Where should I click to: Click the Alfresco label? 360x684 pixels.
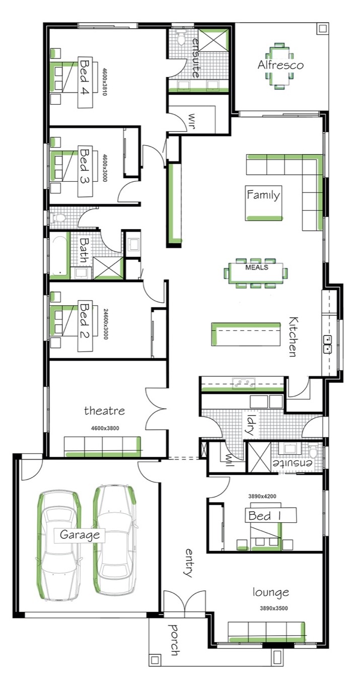click(280, 65)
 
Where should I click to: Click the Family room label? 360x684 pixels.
click(263, 195)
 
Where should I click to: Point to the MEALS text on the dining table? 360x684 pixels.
click(257, 267)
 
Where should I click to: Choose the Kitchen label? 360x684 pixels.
click(293, 336)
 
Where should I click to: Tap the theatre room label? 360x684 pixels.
click(104, 411)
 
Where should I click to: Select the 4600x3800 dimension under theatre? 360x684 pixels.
click(105, 428)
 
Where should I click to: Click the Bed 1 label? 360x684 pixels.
click(264, 516)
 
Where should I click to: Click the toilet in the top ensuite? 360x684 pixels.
click(181, 38)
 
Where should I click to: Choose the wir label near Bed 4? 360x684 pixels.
click(191, 121)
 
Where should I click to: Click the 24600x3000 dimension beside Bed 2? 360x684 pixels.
click(106, 324)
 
